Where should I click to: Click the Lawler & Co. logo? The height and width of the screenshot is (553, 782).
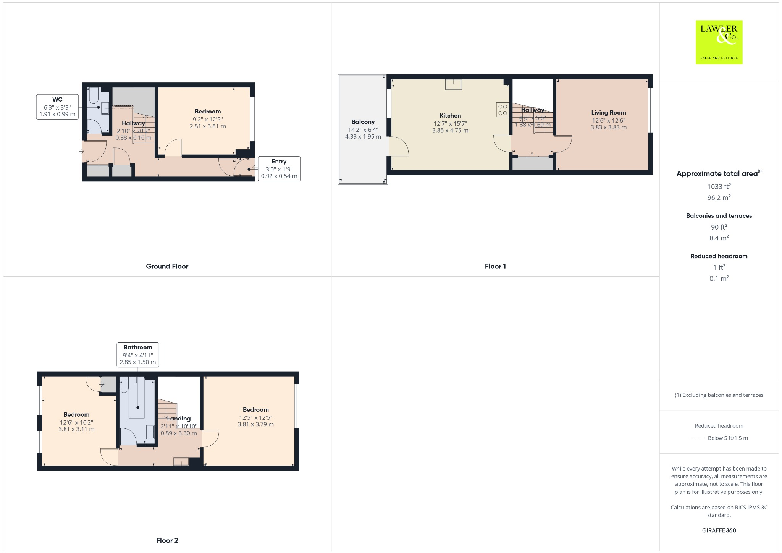719,42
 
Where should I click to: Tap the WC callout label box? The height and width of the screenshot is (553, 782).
57,107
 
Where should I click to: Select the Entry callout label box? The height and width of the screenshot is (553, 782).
279,169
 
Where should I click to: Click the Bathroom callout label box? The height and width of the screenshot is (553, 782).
137,355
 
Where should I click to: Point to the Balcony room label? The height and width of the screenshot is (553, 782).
363,122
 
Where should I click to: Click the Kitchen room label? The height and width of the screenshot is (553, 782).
450,116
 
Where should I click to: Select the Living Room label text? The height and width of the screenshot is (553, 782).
608,113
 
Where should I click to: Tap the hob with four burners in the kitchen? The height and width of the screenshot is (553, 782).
502,110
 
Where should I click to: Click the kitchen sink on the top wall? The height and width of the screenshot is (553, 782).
453,84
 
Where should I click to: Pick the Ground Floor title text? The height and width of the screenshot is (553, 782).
167,267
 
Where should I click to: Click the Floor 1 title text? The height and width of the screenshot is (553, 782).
495,267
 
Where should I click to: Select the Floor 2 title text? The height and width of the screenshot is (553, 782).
167,540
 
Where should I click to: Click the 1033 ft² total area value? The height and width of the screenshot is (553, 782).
719,186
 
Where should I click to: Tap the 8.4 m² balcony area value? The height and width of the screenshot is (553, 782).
719,238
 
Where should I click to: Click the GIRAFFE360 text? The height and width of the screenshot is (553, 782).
719,530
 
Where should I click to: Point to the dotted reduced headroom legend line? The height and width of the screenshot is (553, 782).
697,438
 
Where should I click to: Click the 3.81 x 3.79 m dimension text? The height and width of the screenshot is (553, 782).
255,424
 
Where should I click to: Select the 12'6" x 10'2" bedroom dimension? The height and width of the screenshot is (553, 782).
76,422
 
